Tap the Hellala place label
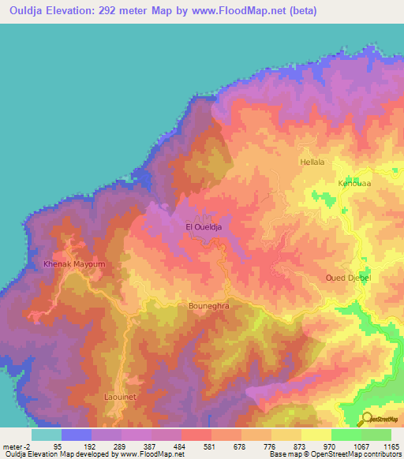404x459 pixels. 312,162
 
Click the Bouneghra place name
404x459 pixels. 209,303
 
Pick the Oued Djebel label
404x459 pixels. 348,278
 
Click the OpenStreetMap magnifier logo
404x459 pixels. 367,419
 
